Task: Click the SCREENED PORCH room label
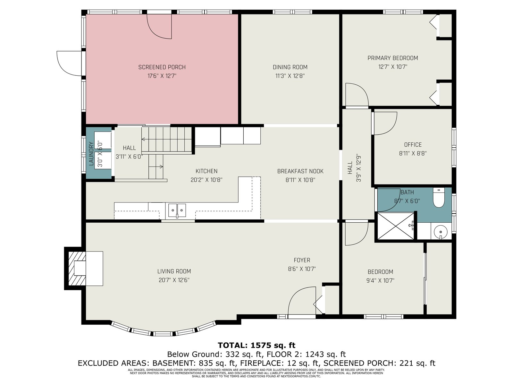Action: click(x=162, y=67)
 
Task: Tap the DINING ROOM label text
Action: click(x=290, y=67)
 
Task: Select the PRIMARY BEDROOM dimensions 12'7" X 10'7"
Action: click(x=393, y=67)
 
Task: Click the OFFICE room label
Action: click(x=413, y=145)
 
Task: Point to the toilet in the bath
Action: click(x=438, y=198)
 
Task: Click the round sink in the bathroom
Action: click(x=441, y=232)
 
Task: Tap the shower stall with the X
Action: click(x=396, y=226)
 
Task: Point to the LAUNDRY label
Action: click(x=91, y=154)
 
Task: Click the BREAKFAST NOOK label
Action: click(x=300, y=171)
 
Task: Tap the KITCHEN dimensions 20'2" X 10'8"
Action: click(x=206, y=180)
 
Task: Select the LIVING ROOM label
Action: click(x=174, y=271)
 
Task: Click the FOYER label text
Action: click(x=302, y=260)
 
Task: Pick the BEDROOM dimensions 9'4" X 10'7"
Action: click(x=380, y=280)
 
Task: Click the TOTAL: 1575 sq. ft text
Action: click(x=256, y=345)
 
